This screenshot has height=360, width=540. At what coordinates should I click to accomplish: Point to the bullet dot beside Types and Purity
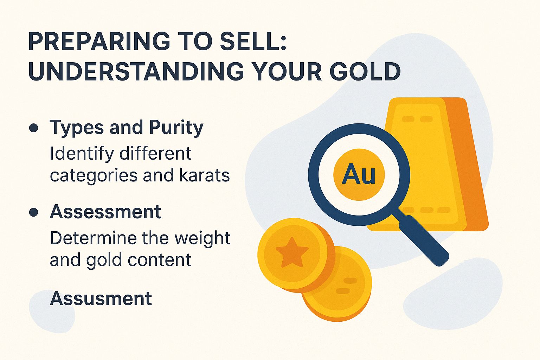pyautogui.click(x=34, y=128)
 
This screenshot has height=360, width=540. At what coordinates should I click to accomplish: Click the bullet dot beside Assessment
pyautogui.click(x=34, y=212)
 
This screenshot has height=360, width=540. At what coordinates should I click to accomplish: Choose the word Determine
pyautogui.click(x=93, y=238)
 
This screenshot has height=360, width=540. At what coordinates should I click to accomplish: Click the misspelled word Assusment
pyautogui.click(x=101, y=298)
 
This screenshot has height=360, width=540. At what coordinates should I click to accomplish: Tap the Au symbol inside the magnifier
pyautogui.click(x=359, y=174)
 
